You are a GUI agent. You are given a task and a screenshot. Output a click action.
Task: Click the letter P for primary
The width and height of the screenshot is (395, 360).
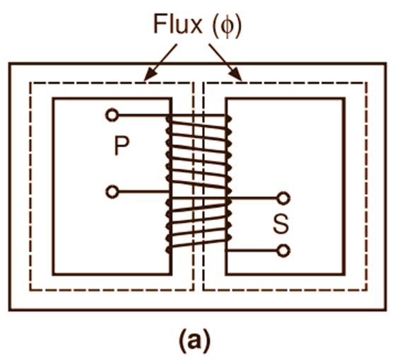pyautogui.click(x=120, y=146)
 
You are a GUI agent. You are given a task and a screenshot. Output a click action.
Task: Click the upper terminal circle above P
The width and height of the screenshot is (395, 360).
pyautogui.click(x=111, y=115)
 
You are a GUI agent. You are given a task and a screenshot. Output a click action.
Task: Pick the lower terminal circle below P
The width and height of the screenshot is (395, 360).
pyautogui.click(x=111, y=190)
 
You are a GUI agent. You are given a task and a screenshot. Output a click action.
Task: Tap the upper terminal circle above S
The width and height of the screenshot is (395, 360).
pyautogui.click(x=283, y=199)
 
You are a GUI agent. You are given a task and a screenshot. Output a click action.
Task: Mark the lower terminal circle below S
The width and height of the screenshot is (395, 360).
pyautogui.click(x=283, y=250)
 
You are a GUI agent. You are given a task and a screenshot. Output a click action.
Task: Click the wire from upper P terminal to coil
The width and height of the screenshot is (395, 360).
pyautogui.click(x=141, y=115)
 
